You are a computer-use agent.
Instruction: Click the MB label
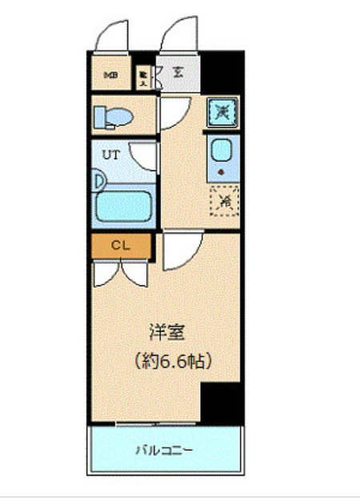[110, 76]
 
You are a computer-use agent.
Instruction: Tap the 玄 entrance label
[178, 74]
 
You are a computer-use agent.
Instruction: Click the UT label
[110, 155]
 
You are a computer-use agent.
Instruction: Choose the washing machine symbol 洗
[221, 111]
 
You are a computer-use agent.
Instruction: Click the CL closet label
[121, 245]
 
